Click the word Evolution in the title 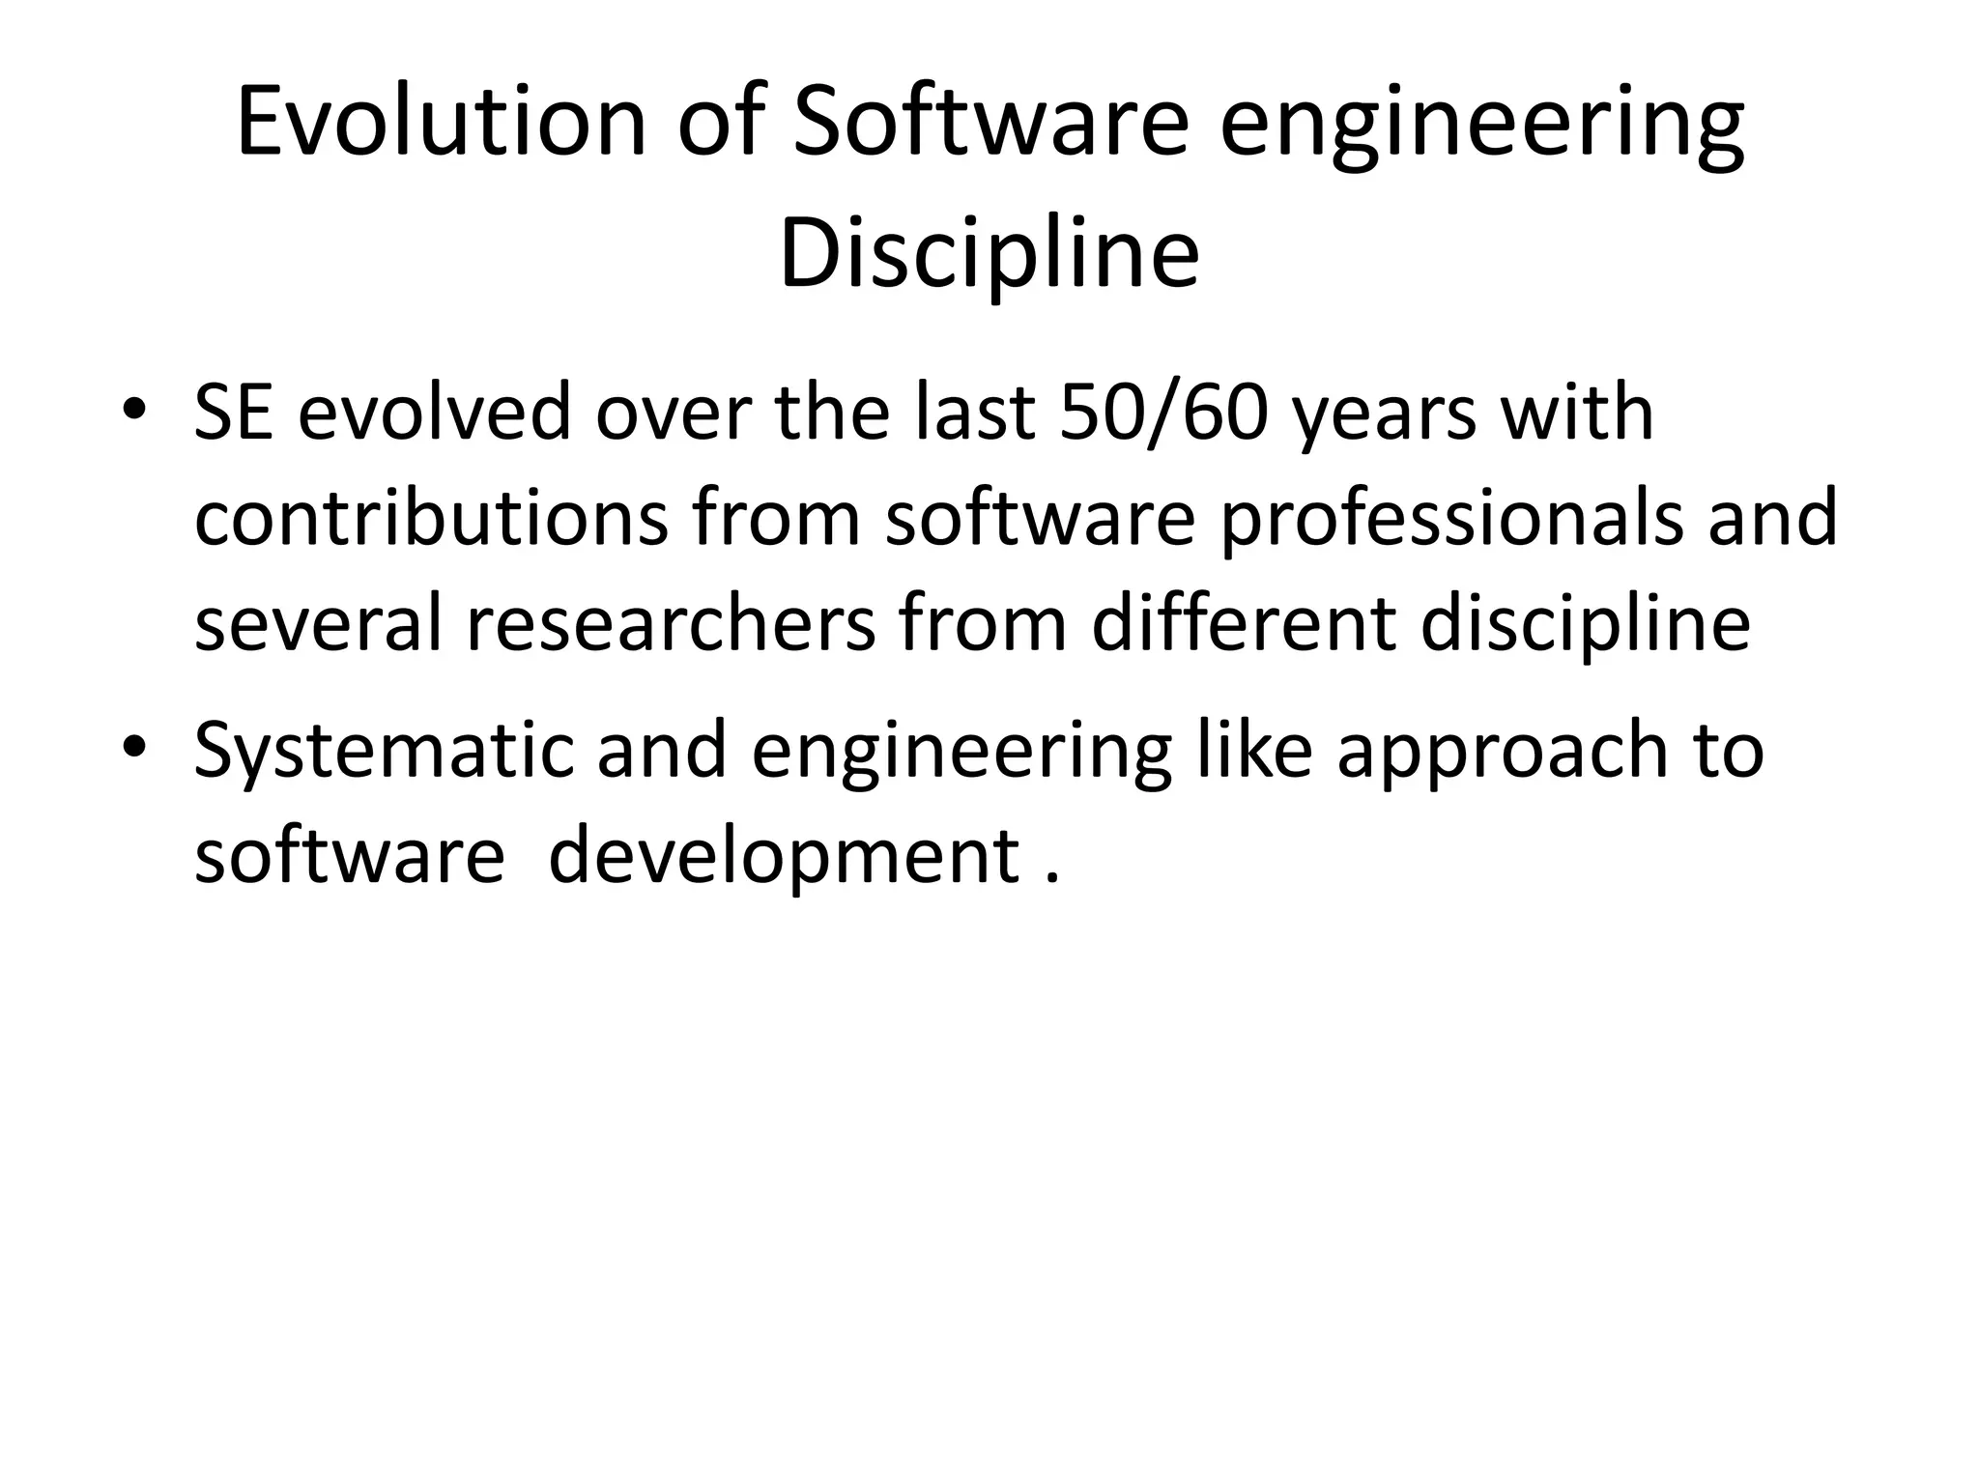(x=441, y=123)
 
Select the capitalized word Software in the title (x=989, y=123)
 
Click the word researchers (x=671, y=624)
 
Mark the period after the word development (x=1052, y=878)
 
